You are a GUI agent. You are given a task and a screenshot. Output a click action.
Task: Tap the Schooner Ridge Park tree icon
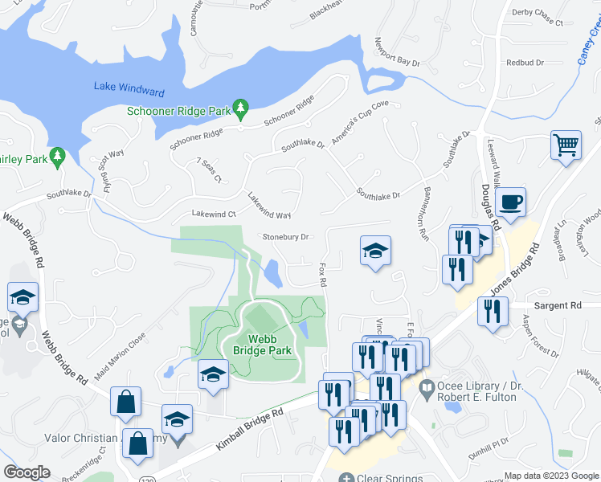(x=239, y=108)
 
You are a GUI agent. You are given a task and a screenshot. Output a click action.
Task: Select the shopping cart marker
(x=566, y=146)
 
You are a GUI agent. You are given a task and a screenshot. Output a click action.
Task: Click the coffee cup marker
(x=510, y=202)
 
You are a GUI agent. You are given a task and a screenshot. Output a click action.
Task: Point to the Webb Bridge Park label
(x=262, y=345)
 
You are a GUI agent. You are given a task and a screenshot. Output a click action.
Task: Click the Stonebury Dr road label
(x=287, y=237)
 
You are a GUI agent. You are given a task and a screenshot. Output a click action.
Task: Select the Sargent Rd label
(x=558, y=306)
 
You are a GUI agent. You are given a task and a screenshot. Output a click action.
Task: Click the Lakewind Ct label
(x=213, y=214)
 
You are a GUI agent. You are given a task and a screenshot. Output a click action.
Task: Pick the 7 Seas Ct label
(x=208, y=170)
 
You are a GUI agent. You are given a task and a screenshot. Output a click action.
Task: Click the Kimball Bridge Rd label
(x=250, y=431)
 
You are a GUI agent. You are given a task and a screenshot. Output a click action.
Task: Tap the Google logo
(x=27, y=472)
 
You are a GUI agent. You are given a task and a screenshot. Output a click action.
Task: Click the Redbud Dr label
(x=525, y=63)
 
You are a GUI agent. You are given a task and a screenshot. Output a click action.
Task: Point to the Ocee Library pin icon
(x=427, y=387)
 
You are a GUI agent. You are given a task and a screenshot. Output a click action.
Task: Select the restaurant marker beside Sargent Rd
(x=493, y=312)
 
